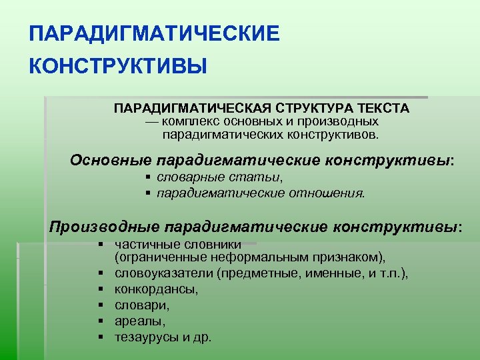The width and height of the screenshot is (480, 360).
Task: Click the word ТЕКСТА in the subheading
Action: pyautogui.click(x=384, y=108)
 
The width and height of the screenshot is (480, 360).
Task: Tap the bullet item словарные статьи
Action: pyautogui.click(x=219, y=178)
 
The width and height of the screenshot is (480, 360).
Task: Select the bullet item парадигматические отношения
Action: pyautogui.click(x=261, y=193)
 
